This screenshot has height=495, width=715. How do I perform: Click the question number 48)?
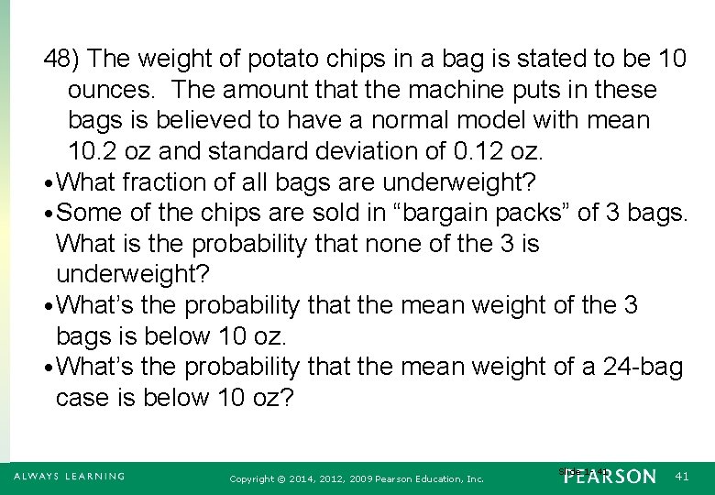tap(63, 60)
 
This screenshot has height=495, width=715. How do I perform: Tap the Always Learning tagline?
tap(69, 477)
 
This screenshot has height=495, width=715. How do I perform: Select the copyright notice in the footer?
tap(357, 478)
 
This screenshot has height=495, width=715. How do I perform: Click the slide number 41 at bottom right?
tap(680, 477)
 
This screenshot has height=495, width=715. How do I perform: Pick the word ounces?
tap(112, 90)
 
